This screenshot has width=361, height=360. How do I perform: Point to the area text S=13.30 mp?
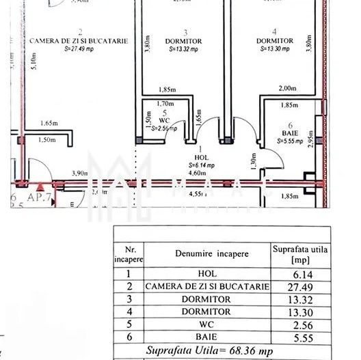(x=274, y=49)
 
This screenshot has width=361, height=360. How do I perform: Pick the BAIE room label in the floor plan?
(x=290, y=133)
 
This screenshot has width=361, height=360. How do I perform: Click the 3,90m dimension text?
(x=81, y=174)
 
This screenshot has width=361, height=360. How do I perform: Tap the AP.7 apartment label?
(x=28, y=195)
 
